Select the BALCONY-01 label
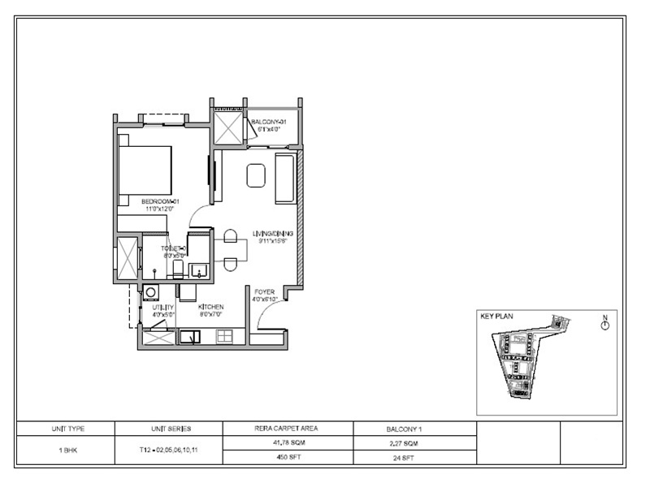click(271, 122)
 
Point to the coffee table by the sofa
click(256, 175)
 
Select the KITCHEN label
click(211, 308)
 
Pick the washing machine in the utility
click(151, 291)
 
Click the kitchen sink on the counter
click(191, 335)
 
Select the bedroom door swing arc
click(197, 216)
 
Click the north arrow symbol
click(604, 325)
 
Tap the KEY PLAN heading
click(497, 318)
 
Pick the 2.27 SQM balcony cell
click(414, 442)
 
